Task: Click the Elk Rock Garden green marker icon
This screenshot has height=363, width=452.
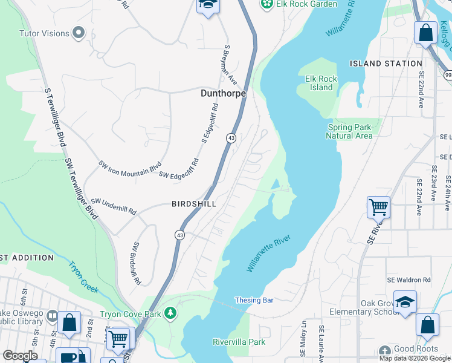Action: tap(266, 4)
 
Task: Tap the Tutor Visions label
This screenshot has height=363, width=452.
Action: tap(44, 33)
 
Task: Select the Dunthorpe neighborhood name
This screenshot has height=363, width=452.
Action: tap(223, 94)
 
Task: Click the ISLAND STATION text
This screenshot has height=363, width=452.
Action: tap(386, 64)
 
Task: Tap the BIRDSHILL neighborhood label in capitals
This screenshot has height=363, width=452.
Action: tap(193, 204)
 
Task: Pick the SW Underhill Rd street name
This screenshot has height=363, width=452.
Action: tap(114, 206)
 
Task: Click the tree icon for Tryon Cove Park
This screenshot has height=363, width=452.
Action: tap(172, 313)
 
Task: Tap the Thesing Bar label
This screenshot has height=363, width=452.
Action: tap(254, 300)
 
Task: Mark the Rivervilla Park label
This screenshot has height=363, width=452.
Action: tap(239, 342)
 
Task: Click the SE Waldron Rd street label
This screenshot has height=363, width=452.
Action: tap(410, 280)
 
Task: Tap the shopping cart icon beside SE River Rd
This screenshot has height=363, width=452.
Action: tap(378, 208)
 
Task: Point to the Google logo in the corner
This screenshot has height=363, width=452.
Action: tap(21, 356)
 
